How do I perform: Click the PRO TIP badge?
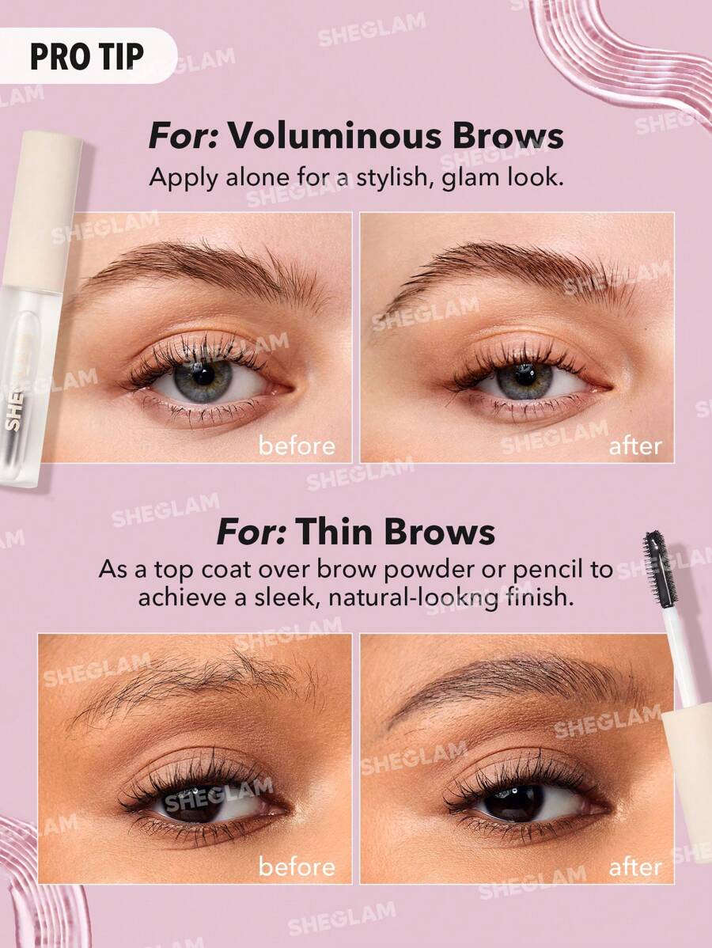click(x=87, y=56)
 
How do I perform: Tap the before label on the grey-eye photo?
click(x=297, y=446)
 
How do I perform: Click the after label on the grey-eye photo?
click(x=634, y=446)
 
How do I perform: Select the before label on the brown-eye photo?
click(x=297, y=866)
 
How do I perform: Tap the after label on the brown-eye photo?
click(x=634, y=866)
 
